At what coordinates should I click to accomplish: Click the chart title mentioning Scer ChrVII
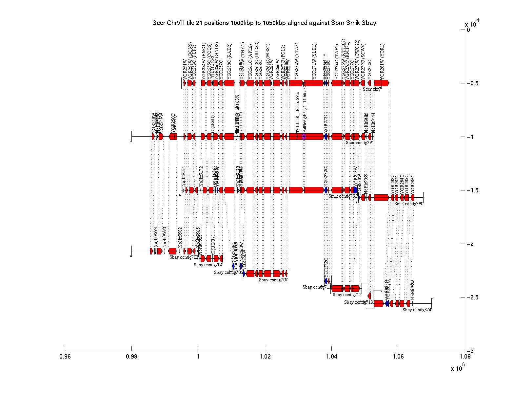coord(264,23)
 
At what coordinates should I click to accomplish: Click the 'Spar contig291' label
coord(360,142)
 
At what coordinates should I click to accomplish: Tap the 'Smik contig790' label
coord(409,204)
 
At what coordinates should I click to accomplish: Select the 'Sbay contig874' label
coord(417,310)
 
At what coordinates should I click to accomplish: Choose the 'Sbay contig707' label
coord(273,280)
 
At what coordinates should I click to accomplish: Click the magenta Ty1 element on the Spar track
coord(304,137)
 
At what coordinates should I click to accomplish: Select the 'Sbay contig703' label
coord(184,257)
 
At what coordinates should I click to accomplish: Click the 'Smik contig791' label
coord(343,196)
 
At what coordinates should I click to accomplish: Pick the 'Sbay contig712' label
coord(347,295)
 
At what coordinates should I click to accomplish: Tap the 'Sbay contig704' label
coord(208,265)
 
